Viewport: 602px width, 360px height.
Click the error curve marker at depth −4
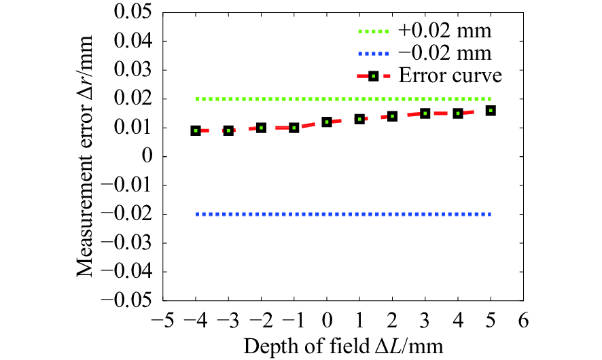tap(196, 130)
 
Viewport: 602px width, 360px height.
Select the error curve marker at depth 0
tap(327, 122)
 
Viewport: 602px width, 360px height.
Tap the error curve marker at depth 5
tap(491, 110)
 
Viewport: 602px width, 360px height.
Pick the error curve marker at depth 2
tap(392, 116)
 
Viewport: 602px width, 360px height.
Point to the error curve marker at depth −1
tap(294, 127)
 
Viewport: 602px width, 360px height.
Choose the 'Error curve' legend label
tap(450, 75)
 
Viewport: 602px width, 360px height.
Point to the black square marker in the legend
tap(373, 76)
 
